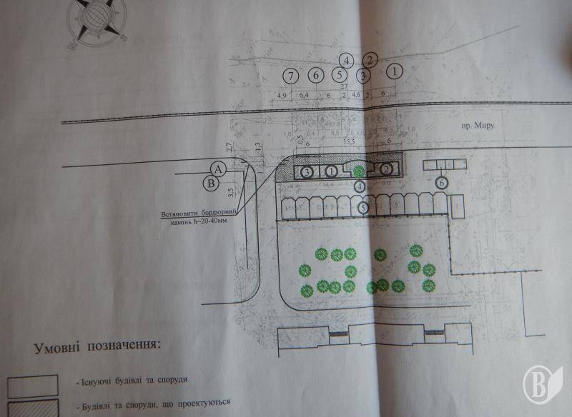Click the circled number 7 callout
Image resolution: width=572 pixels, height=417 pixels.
tap(290, 75)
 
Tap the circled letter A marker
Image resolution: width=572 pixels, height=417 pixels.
tap(218, 169)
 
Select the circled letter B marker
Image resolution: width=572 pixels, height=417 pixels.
tap(211, 183)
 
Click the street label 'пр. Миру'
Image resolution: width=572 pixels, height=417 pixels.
tap(478, 124)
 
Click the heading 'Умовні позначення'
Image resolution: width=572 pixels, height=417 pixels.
tap(95, 348)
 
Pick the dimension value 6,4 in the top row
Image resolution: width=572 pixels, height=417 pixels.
tap(304, 95)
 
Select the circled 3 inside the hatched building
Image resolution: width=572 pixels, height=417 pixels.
tap(306, 172)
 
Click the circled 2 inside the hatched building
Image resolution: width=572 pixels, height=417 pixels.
tap(386, 169)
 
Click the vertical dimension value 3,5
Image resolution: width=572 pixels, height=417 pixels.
tap(231, 191)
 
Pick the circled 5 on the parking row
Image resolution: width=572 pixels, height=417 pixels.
tap(364, 208)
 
